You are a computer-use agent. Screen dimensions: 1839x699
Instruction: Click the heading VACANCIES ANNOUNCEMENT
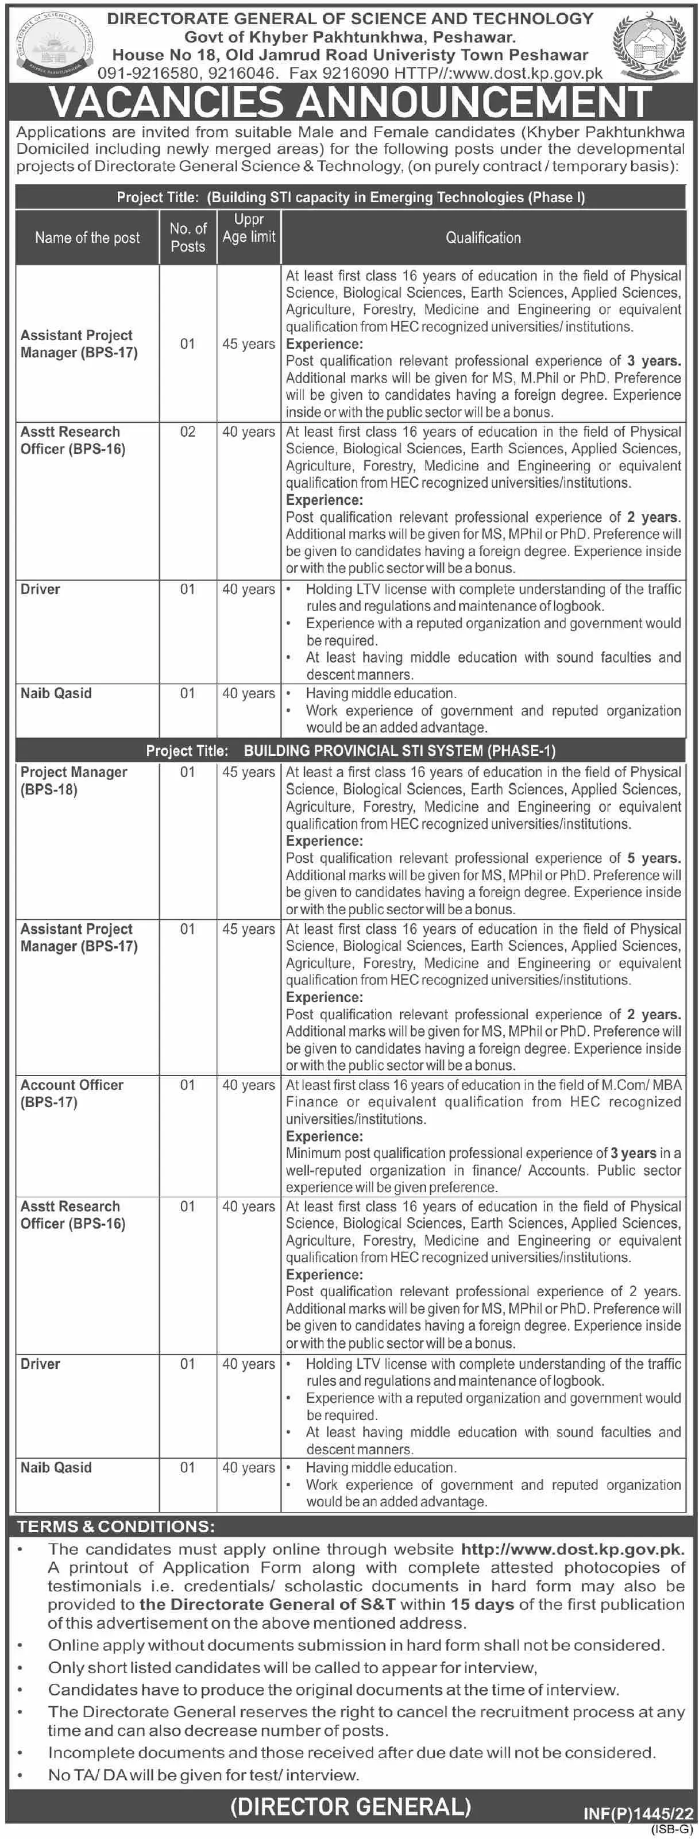(350, 102)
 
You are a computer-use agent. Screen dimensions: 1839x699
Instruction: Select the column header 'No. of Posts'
(188, 238)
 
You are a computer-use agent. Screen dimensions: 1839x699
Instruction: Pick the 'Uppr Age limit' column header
(249, 229)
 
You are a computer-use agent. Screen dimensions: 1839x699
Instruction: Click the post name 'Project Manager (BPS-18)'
(74, 780)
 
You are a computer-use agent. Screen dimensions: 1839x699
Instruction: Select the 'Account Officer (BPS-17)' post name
(71, 1093)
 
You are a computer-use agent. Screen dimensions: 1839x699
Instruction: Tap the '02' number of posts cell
(187, 432)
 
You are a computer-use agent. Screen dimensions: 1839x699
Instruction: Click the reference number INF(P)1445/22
(638, 1813)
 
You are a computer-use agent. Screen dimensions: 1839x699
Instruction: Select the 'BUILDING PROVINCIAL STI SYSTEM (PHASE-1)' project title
(399, 750)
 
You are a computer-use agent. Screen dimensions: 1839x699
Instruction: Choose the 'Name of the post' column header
(87, 238)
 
